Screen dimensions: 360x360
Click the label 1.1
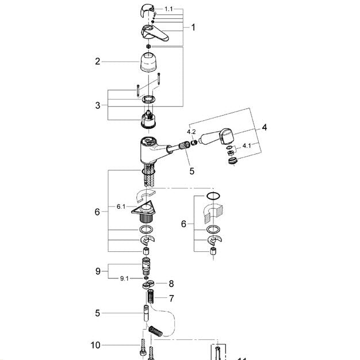pos(168,9)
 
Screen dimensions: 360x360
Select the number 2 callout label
pos(98,61)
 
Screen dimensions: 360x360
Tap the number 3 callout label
pos(98,105)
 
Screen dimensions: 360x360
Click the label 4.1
pos(246,146)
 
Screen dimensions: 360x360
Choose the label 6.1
pos(121,206)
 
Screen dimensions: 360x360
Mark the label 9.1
pos(125,279)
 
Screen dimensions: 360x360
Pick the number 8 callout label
pos(170,284)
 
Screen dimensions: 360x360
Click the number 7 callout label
pos(170,298)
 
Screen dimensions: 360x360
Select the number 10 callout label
pos(95,345)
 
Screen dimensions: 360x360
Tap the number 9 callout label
pos(98,270)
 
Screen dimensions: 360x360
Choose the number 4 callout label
pos(265,127)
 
